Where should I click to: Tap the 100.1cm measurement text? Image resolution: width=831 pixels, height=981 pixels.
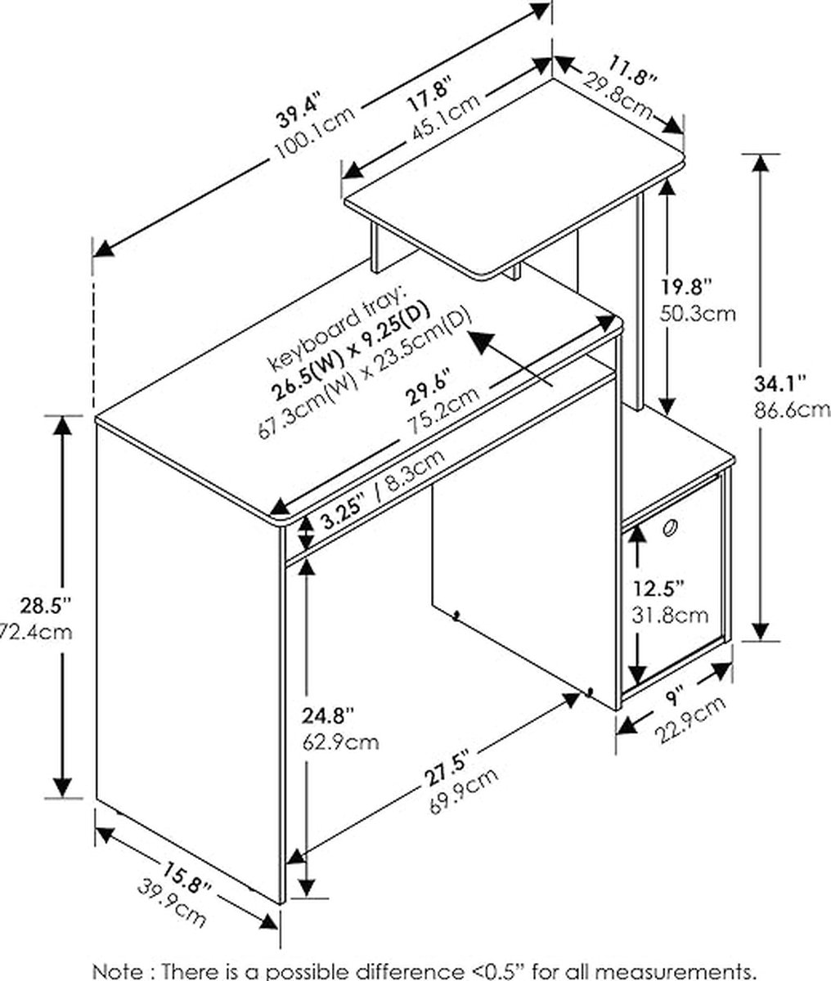314,134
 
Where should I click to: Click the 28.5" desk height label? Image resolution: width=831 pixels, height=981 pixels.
45,606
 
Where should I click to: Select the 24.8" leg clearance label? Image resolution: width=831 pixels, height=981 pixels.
328,716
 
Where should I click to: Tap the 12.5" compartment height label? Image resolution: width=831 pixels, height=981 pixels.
658,589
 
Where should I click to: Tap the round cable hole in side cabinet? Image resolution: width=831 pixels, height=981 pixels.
670,528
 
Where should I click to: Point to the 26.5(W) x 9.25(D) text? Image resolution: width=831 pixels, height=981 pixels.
350,350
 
